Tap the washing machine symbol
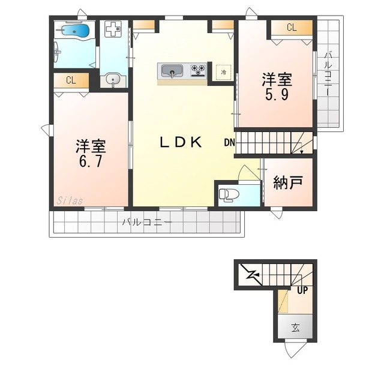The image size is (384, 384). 113,29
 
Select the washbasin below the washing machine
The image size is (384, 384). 113,80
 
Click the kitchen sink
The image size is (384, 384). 172,71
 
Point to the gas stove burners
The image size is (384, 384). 199,70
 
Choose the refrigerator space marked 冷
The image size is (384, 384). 223,73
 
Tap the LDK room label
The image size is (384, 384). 181,142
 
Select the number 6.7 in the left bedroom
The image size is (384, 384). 91,161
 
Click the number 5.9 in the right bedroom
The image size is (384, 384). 277,94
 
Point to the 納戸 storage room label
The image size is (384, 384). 288,182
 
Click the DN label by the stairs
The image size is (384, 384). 229,142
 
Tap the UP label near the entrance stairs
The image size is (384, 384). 302,290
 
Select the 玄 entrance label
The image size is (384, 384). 295,328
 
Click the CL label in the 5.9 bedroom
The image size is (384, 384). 292,28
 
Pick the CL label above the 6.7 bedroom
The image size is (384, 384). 71,80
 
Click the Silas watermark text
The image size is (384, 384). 70,201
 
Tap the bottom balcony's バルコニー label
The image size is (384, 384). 147,223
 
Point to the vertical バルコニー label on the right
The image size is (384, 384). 328,73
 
